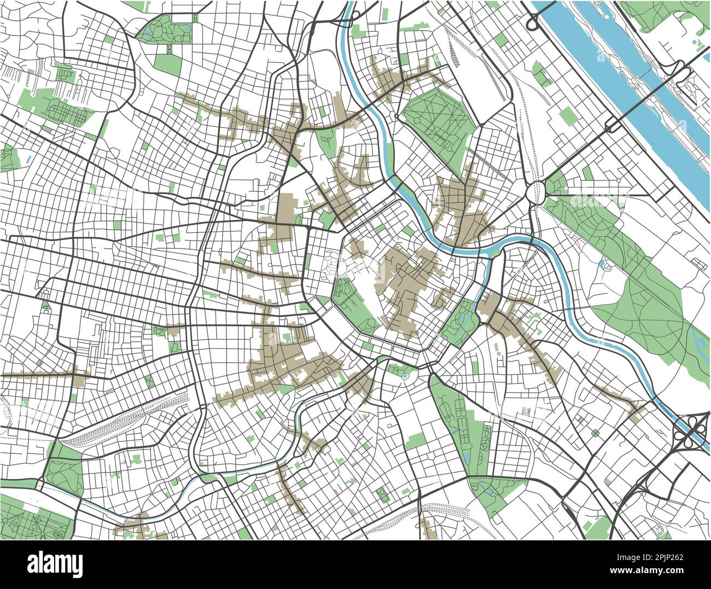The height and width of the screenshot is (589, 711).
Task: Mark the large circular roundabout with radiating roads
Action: (536, 193)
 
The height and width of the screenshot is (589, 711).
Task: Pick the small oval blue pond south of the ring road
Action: (404, 376)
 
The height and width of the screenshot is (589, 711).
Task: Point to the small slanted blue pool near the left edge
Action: (28, 159)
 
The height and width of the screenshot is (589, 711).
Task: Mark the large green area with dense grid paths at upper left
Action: (66, 109)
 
